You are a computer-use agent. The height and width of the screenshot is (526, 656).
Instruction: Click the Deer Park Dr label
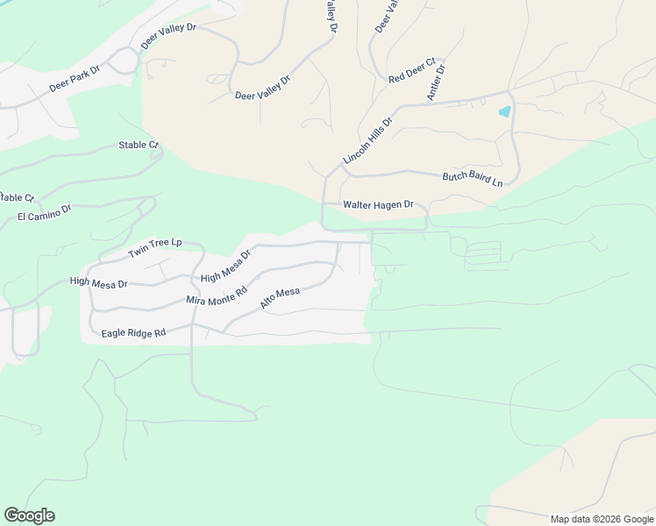(x=75, y=83)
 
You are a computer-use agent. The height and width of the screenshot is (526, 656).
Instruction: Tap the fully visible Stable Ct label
(x=139, y=145)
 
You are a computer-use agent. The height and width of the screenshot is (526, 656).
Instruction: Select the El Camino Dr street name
(x=44, y=213)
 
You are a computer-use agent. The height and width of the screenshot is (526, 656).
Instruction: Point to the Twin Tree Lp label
(x=154, y=247)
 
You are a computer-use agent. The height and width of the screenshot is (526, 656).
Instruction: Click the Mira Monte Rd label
(x=217, y=295)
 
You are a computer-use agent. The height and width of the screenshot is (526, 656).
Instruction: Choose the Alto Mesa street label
(x=280, y=298)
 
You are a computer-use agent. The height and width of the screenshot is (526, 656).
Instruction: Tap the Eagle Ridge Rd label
(x=133, y=333)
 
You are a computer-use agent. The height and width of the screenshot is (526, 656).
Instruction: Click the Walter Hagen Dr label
(x=378, y=204)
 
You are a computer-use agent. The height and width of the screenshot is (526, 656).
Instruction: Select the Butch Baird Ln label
(x=473, y=178)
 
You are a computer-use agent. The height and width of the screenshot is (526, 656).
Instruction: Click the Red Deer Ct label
(x=412, y=71)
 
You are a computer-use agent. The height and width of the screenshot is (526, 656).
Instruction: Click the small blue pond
(x=504, y=112)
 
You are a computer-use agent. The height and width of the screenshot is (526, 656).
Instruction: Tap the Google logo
(x=29, y=515)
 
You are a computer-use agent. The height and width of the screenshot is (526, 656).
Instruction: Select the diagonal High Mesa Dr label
(x=225, y=266)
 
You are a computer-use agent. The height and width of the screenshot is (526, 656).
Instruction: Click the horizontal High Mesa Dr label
(x=98, y=283)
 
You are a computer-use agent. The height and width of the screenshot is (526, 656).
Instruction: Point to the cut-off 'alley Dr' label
(x=331, y=17)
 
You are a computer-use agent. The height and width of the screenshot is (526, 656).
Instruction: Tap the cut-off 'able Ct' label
(x=17, y=197)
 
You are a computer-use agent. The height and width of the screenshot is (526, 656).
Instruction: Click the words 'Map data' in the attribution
(x=570, y=519)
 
